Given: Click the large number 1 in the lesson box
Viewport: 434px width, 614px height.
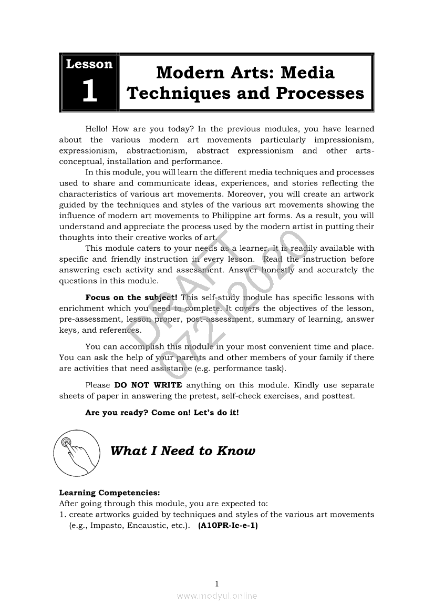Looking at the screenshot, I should (x=89, y=91).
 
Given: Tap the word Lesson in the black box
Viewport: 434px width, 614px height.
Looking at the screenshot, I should (x=89, y=64).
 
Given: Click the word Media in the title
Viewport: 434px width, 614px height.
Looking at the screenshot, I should (x=309, y=72).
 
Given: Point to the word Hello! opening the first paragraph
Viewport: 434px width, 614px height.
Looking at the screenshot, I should (x=96, y=129).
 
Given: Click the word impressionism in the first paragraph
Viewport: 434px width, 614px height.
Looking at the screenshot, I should (x=344, y=140).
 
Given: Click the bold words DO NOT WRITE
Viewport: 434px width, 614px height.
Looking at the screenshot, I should (x=148, y=385).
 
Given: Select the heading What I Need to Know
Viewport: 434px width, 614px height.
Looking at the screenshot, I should (x=183, y=451).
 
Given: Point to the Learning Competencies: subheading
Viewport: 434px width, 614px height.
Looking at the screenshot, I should (x=109, y=493).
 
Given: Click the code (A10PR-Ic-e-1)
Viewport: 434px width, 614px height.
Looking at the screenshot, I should (x=228, y=526).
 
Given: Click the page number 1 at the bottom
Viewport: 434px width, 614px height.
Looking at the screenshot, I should (x=217, y=583).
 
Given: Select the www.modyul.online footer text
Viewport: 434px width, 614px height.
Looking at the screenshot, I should (x=217, y=596).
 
